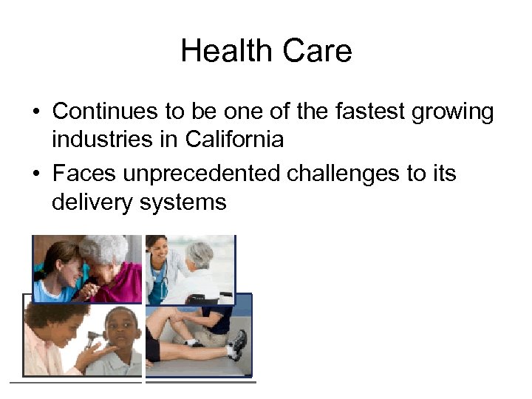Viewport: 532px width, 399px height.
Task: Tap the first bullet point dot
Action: pos(35,113)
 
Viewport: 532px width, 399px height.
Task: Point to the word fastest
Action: pos(360,112)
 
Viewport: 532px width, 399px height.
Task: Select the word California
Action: pos(234,138)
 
